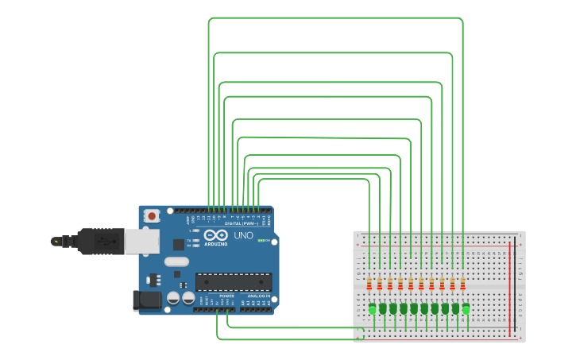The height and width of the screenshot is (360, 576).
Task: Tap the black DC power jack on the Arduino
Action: coord(148,300)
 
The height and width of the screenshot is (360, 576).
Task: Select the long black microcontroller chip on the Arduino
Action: coord(234,281)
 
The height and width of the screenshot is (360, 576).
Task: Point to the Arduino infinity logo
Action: coord(215,235)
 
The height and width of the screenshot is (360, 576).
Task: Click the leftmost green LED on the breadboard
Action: coord(373,308)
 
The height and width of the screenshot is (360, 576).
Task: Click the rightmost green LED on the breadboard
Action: coord(466,308)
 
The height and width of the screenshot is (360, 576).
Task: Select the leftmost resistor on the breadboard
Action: coord(369,283)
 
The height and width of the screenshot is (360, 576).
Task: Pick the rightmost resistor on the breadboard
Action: coord(462,283)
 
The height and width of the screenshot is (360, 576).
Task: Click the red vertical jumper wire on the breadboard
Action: coord(510,286)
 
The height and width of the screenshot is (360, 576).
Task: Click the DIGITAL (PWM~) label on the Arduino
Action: coord(242,223)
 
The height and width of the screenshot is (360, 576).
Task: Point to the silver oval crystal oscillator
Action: coord(177,261)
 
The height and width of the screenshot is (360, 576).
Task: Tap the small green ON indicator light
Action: coord(263,241)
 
